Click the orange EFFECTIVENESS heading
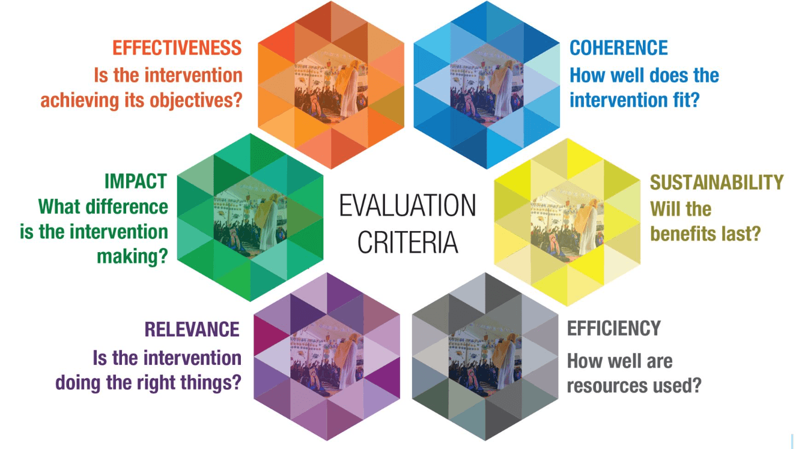click(x=177, y=48)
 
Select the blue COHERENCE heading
click(x=619, y=48)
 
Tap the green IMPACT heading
click(x=136, y=181)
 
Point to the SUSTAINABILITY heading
click(x=717, y=182)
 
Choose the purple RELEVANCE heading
click(x=192, y=329)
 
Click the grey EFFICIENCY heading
click(x=614, y=328)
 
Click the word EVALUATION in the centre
click(x=407, y=206)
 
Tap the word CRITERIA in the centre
click(x=408, y=243)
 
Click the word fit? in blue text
click(x=682, y=100)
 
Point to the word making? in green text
click(x=133, y=257)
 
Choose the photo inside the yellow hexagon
click(x=567, y=223)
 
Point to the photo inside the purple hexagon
click(x=327, y=357)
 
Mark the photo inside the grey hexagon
click(x=485, y=357)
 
